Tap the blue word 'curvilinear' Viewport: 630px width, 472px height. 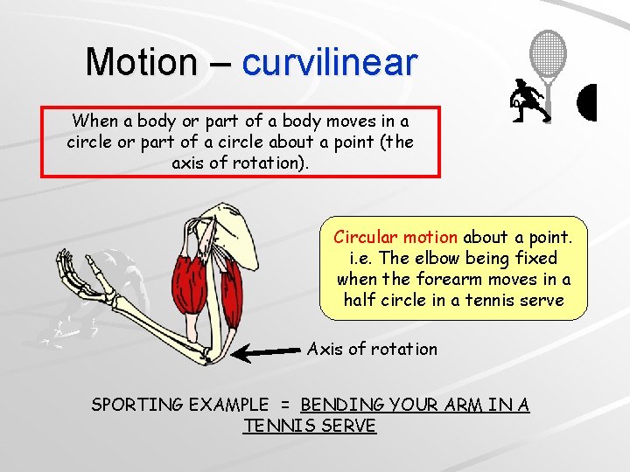click(x=329, y=62)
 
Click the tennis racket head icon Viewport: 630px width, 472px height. click(x=549, y=54)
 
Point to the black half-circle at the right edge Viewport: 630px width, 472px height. click(x=588, y=102)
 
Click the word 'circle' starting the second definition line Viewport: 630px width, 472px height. click(x=88, y=142)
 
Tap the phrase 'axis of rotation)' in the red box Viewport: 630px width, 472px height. click(x=240, y=163)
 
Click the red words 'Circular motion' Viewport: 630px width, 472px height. click(x=395, y=237)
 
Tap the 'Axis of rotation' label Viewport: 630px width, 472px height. click(x=372, y=349)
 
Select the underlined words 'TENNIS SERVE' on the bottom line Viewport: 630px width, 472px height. click(x=310, y=426)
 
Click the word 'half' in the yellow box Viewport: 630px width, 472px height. click(x=360, y=300)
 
